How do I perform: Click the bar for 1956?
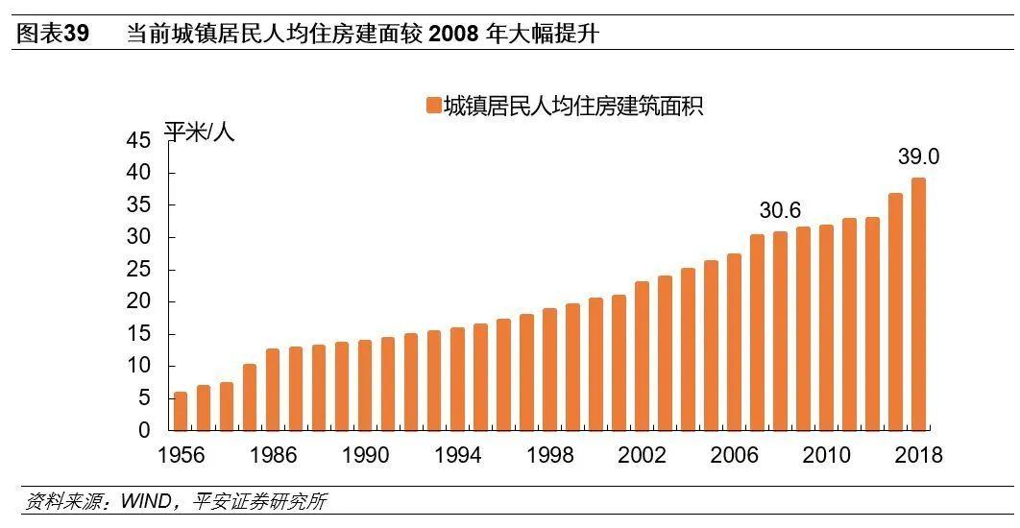point(181,411)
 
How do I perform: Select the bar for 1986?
point(273,389)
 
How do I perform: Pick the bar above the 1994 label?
point(457,378)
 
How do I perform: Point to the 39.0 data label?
point(918,157)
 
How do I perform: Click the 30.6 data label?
point(780,211)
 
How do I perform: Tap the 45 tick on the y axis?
point(138,141)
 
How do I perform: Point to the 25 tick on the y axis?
point(138,270)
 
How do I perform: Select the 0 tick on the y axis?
point(144,431)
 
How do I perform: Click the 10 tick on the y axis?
point(138,367)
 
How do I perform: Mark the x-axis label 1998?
point(550,455)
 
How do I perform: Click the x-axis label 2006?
point(735,455)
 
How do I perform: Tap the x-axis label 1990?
point(366,455)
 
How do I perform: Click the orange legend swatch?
point(433,106)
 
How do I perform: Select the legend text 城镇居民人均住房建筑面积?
point(573,106)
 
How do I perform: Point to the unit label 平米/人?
point(199,132)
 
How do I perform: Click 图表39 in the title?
point(55,35)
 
